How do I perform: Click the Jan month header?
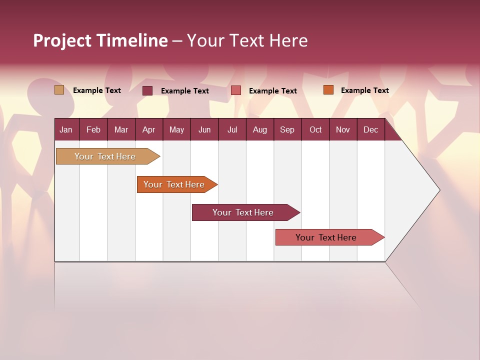(x=66, y=129)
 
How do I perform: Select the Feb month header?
(x=93, y=129)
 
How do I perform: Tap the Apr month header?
(x=148, y=129)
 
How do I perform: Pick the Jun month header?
(x=204, y=129)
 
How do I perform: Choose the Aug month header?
(x=259, y=129)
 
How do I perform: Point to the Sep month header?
(x=287, y=129)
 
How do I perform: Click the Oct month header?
(x=315, y=129)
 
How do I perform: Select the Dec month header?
(x=370, y=129)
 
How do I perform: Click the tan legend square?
(x=59, y=90)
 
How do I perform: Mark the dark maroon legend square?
(x=147, y=90)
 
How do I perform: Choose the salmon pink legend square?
(x=236, y=90)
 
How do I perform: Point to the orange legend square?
(x=328, y=90)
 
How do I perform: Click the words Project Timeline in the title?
(x=100, y=40)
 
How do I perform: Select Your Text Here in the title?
(x=247, y=40)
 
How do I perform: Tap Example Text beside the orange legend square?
(x=364, y=90)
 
